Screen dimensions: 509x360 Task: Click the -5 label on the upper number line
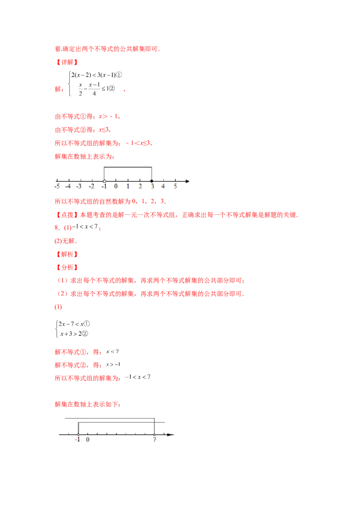[57, 186]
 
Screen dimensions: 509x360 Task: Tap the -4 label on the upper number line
[68, 186]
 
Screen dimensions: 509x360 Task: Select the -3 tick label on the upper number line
[79, 186]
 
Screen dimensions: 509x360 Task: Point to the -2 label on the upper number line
[91, 186]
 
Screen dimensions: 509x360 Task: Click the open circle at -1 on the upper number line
[104, 181]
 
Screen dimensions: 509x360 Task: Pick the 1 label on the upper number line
[128, 186]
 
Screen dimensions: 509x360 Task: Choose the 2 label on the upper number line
[140, 186]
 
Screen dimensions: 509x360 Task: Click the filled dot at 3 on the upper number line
[152, 181]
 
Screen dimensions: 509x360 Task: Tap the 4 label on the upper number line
[163, 186]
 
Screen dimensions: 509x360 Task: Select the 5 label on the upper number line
[175, 186]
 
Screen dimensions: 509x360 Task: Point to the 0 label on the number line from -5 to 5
[116, 186]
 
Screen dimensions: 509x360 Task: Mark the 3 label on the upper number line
[152, 186]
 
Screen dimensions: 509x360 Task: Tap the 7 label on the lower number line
[154, 440]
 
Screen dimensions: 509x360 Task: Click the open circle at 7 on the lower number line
[154, 434]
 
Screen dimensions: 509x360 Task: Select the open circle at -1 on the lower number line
[78, 434]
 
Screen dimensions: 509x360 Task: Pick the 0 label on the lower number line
[88, 440]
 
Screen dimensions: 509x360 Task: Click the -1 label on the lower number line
[77, 440]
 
